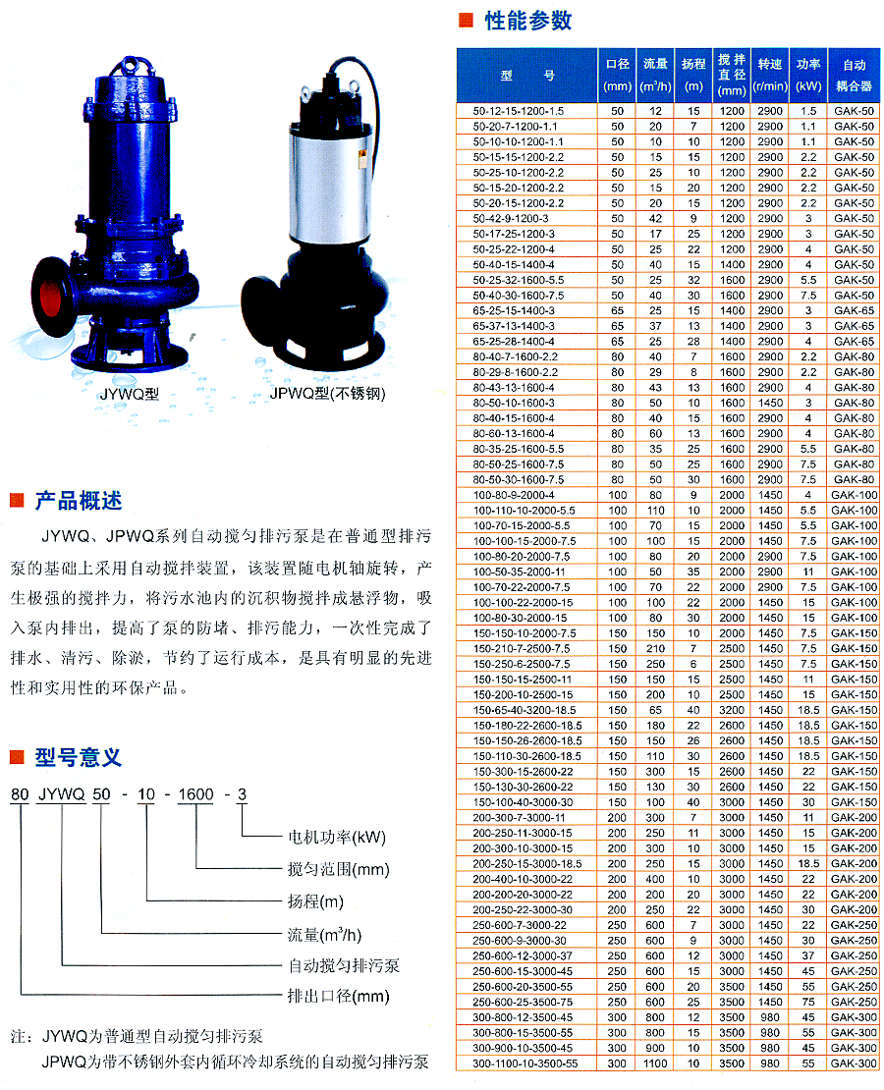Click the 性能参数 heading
pyautogui.click(x=527, y=21)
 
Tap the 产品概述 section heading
pyautogui.click(x=79, y=500)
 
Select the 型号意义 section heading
pyautogui.click(x=79, y=757)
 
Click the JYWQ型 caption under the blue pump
pyautogui.click(x=130, y=394)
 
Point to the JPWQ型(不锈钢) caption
pyautogui.click(x=328, y=394)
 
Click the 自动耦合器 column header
pyautogui.click(x=855, y=75)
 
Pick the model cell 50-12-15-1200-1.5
pyautogui.click(x=519, y=111)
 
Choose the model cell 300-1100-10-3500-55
pyautogui.click(x=525, y=1063)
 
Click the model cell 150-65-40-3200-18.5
pyautogui.click(x=525, y=710)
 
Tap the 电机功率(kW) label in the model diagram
pyautogui.click(x=337, y=837)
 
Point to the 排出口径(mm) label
pyautogui.click(x=339, y=996)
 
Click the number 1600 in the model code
pyautogui.click(x=195, y=794)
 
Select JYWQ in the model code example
pyautogui.click(x=61, y=794)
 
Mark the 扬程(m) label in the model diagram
pyautogui.click(x=315, y=901)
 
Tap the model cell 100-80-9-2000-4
pyautogui.click(x=514, y=495)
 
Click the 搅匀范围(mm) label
pyautogui.click(x=339, y=869)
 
